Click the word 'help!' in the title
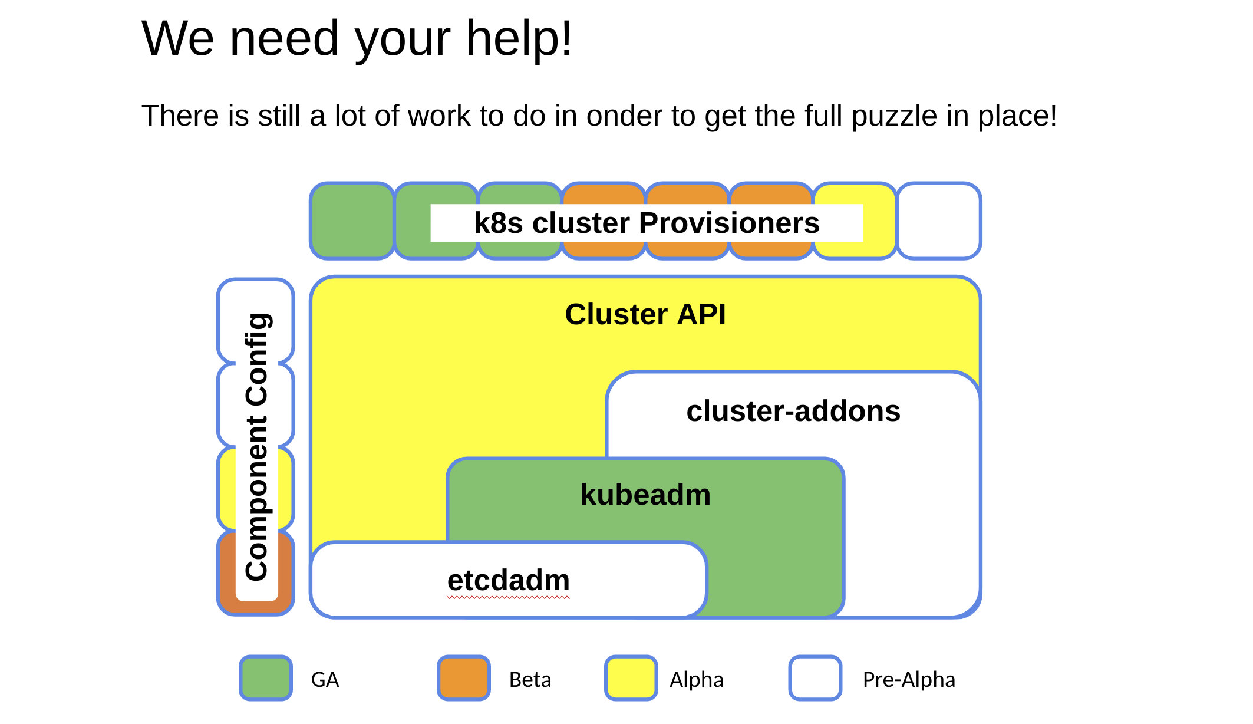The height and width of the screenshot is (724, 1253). [519, 38]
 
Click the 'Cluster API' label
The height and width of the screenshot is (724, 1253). [645, 314]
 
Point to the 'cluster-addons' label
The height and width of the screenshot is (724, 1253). [793, 411]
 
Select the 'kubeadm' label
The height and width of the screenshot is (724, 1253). [645, 495]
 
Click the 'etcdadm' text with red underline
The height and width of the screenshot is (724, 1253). [508, 581]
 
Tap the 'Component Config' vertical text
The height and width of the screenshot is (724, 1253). [257, 446]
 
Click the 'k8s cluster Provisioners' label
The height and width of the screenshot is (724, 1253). [647, 223]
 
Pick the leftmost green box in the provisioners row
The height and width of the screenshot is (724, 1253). [352, 221]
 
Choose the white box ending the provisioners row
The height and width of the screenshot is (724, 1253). [938, 221]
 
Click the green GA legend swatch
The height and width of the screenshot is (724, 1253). [266, 678]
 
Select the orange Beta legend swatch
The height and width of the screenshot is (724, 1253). [464, 678]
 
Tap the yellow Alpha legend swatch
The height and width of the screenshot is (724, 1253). [631, 678]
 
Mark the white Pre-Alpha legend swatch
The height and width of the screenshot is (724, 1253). [815, 678]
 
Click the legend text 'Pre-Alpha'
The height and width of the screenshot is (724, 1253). [908, 680]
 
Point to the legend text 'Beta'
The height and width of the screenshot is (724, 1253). [530, 680]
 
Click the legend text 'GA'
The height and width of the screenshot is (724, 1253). [325, 680]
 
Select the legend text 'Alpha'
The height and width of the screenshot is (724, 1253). [696, 680]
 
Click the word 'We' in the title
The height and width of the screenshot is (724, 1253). [178, 38]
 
